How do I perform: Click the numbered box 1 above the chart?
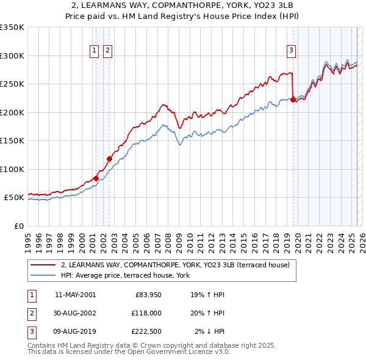click(95, 51)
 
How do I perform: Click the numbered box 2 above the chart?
click(107, 51)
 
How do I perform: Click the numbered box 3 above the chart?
click(292, 51)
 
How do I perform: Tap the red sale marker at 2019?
click(293, 99)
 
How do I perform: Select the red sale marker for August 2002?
click(110, 159)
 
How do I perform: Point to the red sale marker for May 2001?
click(96, 178)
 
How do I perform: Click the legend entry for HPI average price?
click(125, 275)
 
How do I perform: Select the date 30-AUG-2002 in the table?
click(75, 313)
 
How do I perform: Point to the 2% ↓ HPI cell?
click(209, 332)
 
